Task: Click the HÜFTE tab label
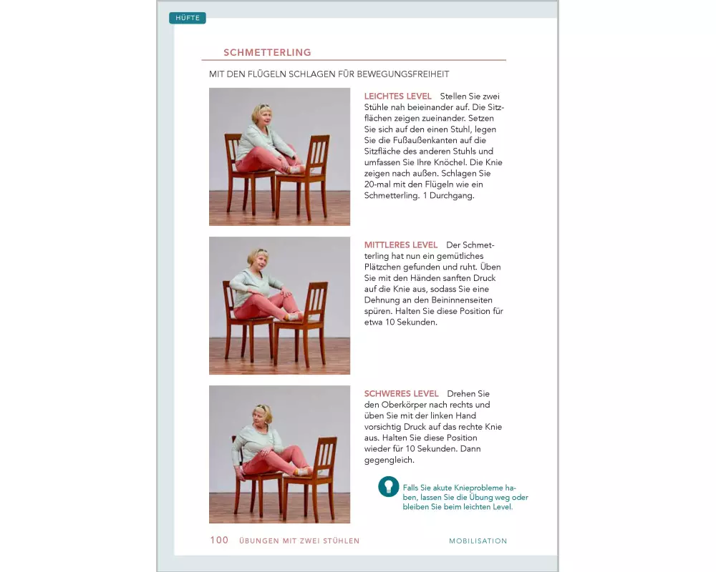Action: (188, 18)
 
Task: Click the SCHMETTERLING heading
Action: (267, 52)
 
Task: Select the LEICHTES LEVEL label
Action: (397, 96)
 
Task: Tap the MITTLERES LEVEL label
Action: (400, 245)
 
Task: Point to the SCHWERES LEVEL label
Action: (401, 394)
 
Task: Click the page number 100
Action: (219, 541)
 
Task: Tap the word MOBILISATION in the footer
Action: (478, 541)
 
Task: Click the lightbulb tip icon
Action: (388, 487)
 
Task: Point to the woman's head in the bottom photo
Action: (261, 414)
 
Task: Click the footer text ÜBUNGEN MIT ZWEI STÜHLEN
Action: (299, 541)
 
